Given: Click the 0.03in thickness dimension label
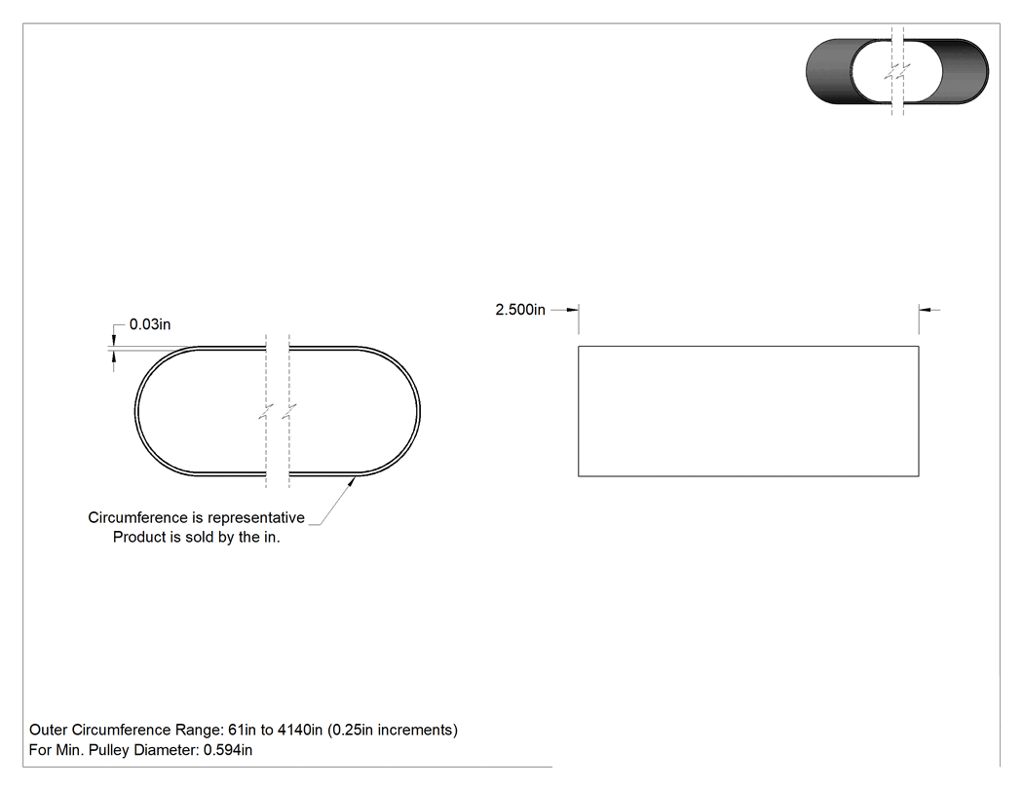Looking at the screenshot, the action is point(150,324).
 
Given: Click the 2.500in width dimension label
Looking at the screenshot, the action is point(520,309).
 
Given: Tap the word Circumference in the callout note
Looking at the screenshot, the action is point(137,517).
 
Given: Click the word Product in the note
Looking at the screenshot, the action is point(137,537).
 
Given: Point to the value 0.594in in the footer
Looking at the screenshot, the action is point(228,749).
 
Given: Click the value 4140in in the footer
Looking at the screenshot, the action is point(300,730).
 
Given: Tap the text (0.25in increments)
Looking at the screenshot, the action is point(393,730).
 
